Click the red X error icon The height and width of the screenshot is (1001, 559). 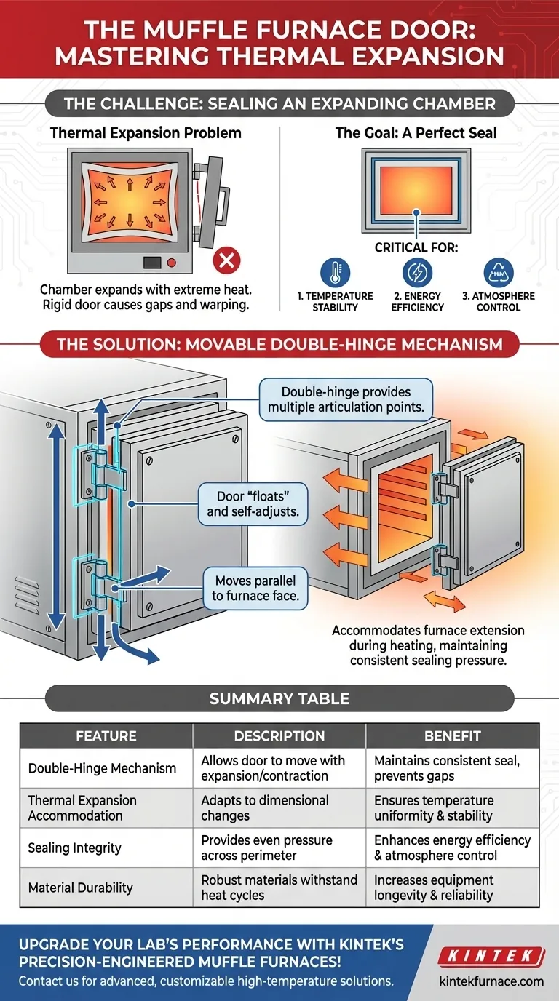tap(226, 260)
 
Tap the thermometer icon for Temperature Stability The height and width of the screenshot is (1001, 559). tap(335, 272)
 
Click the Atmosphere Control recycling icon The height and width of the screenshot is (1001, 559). tap(499, 272)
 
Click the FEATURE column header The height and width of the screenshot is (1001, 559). tap(106, 736)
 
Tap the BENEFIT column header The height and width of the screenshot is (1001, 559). tap(452, 736)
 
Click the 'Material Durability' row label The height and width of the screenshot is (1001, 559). tap(79, 888)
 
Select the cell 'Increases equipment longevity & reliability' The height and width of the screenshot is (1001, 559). tap(434, 888)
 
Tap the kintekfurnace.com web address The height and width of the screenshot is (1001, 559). tap(491, 981)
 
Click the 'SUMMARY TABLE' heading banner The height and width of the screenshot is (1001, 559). tap(279, 698)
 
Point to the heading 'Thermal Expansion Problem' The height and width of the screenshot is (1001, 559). tap(146, 133)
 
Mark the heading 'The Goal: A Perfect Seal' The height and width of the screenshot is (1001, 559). tap(416, 133)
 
